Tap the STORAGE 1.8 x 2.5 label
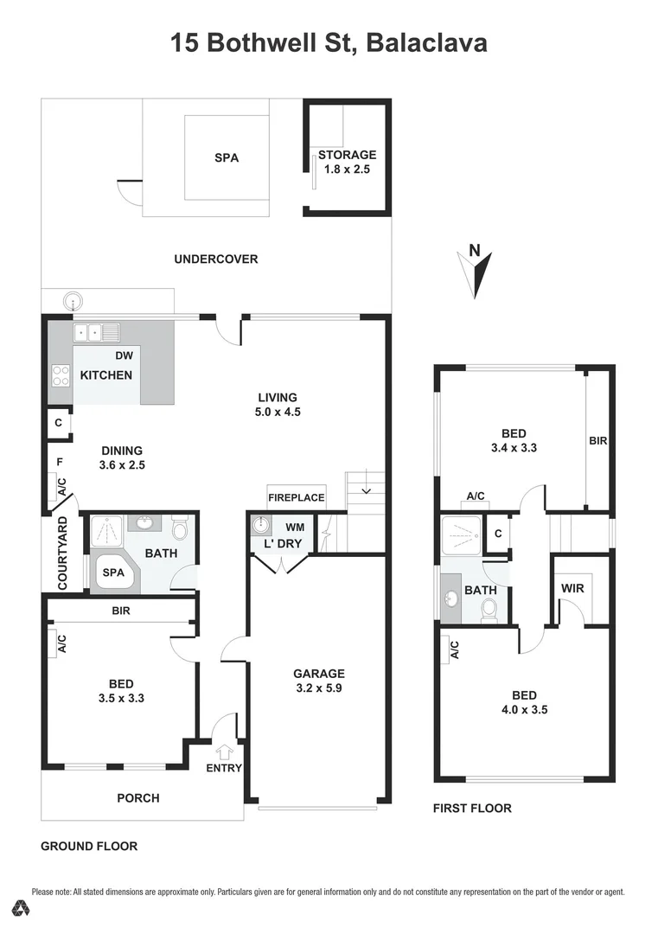347,163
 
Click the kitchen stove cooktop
61,375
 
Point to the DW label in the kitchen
124,355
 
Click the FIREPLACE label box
297,497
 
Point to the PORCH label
138,797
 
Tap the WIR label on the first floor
572,588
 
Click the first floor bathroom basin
452,598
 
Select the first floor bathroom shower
460,535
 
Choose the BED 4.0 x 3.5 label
524,702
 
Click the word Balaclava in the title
427,42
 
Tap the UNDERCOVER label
215,259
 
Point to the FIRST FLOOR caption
472,808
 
